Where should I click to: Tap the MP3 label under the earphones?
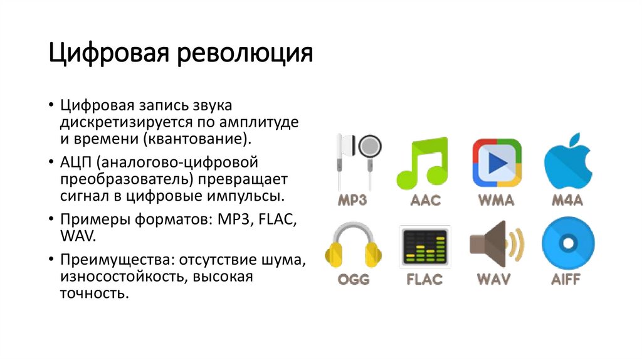[352, 201]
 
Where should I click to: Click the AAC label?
[426, 201]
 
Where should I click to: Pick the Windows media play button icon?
[497, 162]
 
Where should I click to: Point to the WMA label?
[496, 201]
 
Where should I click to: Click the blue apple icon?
[568, 162]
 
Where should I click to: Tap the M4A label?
[567, 201]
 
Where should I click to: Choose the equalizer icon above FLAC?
[424, 245]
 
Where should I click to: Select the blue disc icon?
[568, 244]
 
